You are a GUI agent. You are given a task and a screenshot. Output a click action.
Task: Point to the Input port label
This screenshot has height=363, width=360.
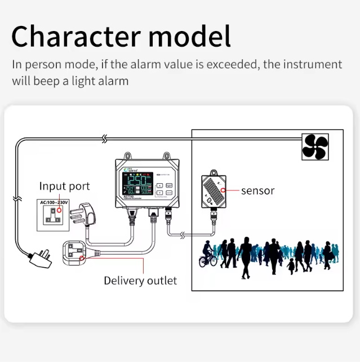click(x=64, y=186)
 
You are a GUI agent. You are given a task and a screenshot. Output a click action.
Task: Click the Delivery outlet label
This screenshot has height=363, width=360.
click(x=140, y=280)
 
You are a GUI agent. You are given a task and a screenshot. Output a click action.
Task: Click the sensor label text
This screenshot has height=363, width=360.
click(x=257, y=191)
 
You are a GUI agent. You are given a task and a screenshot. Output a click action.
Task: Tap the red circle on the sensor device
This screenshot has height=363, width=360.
click(x=224, y=190)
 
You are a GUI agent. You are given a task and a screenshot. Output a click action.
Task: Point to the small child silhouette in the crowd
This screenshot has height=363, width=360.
click(x=291, y=265)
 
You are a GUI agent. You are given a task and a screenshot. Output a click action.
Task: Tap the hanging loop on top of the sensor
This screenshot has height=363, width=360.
click(x=214, y=171)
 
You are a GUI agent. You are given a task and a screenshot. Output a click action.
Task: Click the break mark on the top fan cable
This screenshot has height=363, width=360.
click(x=104, y=138)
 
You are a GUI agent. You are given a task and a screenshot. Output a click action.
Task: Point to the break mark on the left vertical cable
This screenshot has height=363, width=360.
click(x=17, y=199)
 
